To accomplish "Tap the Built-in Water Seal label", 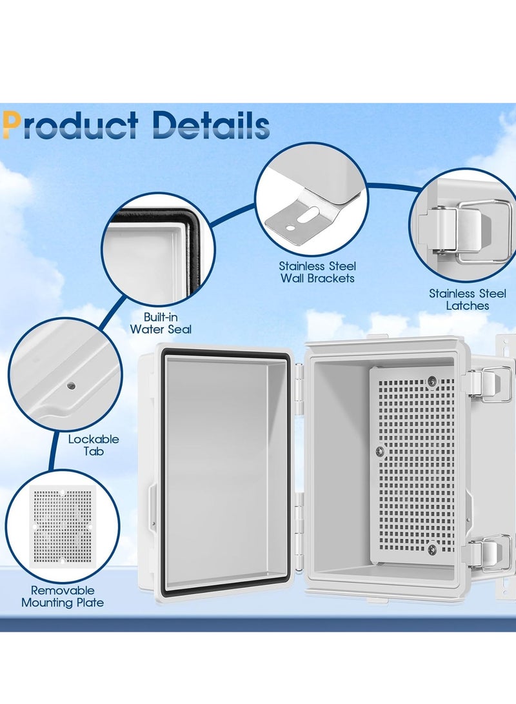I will point(161,323).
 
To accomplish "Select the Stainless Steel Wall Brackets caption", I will point(317,272).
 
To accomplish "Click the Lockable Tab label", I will point(94,445).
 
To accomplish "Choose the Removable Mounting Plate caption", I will point(62,596).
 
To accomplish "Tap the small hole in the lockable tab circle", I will point(71,386).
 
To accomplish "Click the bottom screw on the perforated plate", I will point(432,549).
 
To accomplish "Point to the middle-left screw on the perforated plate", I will point(379,450).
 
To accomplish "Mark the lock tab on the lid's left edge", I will point(152,504).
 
